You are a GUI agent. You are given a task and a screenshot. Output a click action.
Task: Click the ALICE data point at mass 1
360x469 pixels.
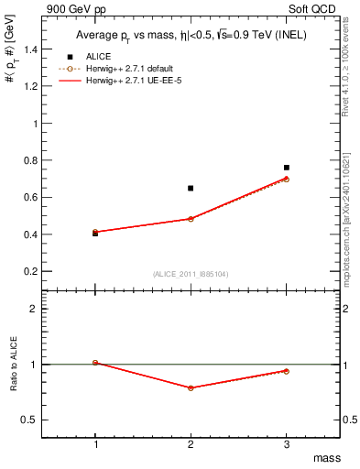(x=95, y=234)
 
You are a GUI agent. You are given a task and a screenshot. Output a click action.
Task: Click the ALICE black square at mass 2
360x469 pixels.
(x=191, y=188)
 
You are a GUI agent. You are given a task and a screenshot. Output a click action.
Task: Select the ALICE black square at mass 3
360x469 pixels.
(x=287, y=168)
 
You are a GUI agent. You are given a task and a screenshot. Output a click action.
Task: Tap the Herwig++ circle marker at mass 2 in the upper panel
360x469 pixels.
(x=191, y=219)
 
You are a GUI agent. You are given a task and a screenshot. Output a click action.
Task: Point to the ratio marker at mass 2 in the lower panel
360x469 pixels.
(x=191, y=387)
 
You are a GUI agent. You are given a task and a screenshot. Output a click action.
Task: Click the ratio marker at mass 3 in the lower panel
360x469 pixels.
(x=287, y=371)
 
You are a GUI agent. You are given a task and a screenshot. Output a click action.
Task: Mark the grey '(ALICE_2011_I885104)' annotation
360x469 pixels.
(x=191, y=273)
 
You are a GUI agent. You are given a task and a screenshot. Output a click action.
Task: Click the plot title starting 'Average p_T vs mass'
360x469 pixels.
(x=190, y=37)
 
